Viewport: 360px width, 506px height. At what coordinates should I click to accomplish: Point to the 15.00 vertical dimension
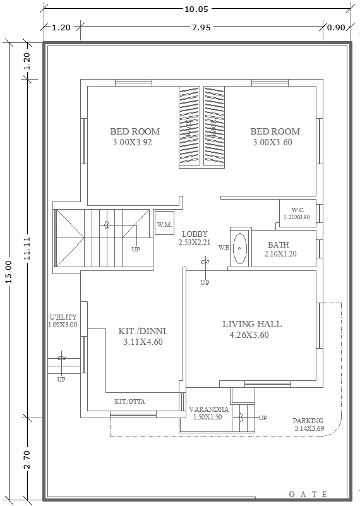(x=8, y=272)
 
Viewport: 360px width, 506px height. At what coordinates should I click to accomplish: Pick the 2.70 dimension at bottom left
(x=26, y=458)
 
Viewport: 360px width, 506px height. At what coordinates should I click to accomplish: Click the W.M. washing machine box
(x=164, y=224)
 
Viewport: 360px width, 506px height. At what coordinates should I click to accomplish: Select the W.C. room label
(x=297, y=210)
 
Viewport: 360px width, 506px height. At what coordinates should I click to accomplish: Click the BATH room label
(x=279, y=245)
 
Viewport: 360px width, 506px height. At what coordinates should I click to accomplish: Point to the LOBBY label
(x=194, y=234)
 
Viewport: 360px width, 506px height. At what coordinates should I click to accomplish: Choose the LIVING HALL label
(x=251, y=324)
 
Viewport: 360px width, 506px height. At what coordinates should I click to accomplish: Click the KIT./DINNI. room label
(x=143, y=330)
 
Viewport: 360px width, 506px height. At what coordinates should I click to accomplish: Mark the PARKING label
(x=308, y=421)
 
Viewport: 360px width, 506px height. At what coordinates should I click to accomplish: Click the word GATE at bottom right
(x=308, y=494)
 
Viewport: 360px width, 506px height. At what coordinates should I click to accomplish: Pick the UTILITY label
(x=63, y=317)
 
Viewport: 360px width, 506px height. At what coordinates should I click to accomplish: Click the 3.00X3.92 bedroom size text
(x=135, y=142)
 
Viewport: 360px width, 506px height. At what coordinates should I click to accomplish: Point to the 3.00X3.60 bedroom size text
(x=275, y=142)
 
